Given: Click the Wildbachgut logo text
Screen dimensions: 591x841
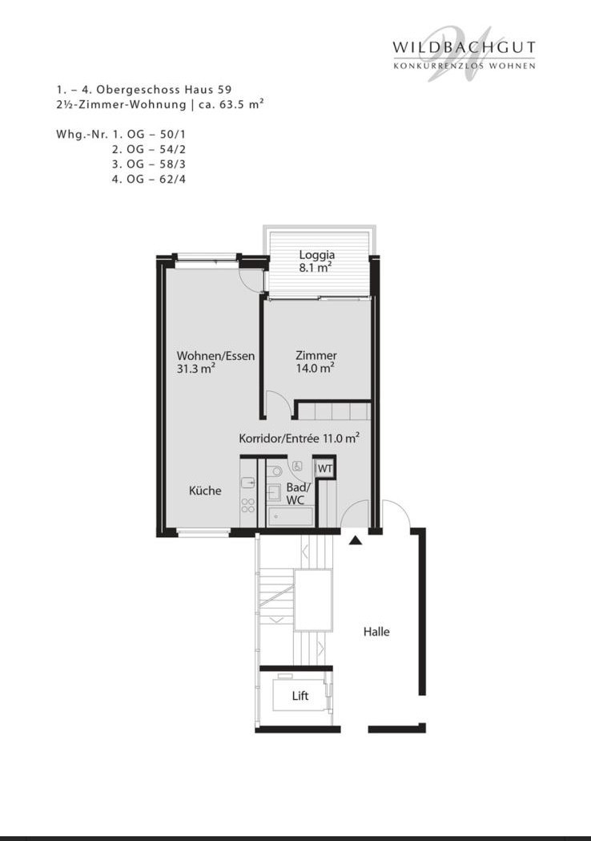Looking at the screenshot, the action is pos(464,47).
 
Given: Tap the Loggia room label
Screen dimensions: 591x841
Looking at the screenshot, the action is pos(316,255).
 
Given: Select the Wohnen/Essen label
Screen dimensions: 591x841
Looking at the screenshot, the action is pos(215,356).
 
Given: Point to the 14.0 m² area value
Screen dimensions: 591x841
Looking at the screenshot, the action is pos(316,368).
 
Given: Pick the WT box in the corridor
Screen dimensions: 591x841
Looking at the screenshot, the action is pos(324,468).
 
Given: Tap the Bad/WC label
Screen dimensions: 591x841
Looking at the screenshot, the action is pos(297,493).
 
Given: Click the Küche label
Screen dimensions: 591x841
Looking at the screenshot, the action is pos(205,490).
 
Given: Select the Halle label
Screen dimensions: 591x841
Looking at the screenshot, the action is pos(376,632).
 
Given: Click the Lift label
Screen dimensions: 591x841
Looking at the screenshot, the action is pos(300,696).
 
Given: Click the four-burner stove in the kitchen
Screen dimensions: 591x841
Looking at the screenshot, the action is pos(248,505).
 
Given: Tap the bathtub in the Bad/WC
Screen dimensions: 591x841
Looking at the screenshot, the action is pos(290,516).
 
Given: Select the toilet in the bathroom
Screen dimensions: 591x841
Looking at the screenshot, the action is pos(275,471).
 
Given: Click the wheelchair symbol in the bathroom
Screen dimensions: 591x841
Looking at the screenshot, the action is pos(299,466).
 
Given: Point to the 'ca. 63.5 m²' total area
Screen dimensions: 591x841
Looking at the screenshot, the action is pos(231,104).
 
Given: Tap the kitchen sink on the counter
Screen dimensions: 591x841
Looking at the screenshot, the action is pos(248,483).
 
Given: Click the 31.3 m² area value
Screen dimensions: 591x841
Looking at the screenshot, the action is pos(196,369).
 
